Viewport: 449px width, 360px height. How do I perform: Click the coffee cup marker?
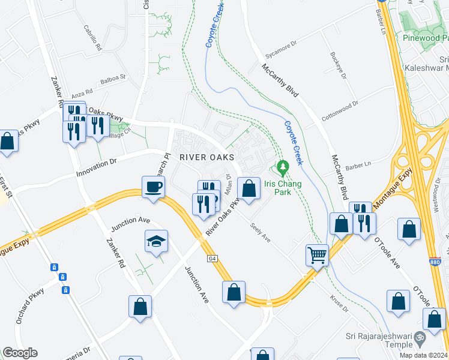[x=153, y=187]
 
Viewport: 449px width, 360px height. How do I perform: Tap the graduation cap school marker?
[x=157, y=242]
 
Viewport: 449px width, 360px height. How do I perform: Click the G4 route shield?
[x=212, y=259]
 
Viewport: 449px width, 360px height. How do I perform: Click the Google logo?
[x=20, y=353]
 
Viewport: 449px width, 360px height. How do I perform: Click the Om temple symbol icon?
[x=420, y=340]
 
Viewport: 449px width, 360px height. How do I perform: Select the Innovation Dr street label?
[x=96, y=169]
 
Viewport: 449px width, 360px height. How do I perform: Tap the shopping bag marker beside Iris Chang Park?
[x=249, y=188]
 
